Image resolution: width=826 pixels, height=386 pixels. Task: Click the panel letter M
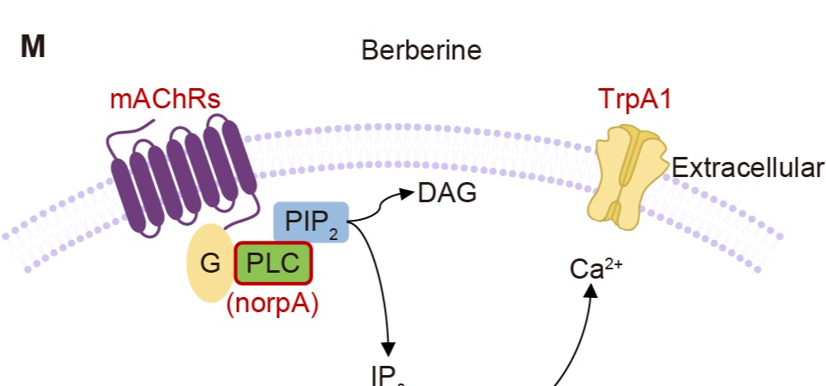click(x=33, y=47)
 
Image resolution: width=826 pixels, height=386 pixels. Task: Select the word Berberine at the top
click(x=421, y=50)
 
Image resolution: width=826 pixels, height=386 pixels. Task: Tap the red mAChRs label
click(x=165, y=100)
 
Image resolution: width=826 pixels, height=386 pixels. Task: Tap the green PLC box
click(x=273, y=263)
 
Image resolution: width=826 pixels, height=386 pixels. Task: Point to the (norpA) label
click(x=272, y=304)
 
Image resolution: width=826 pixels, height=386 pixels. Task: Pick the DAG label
click(x=447, y=194)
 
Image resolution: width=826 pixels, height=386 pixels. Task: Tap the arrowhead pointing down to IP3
click(x=388, y=347)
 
